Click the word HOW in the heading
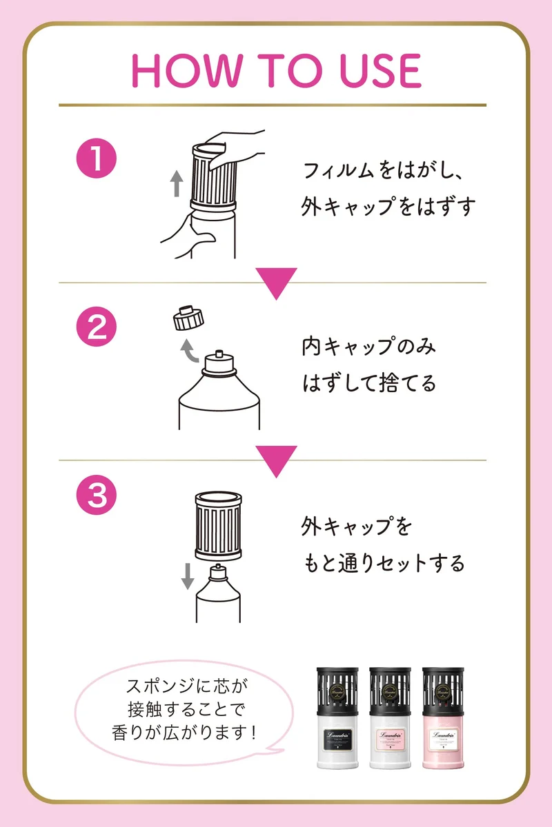[186, 70]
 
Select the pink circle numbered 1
[97, 159]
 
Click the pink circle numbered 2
[97, 327]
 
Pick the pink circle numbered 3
[97, 495]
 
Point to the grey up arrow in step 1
[177, 183]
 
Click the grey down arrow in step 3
[188, 576]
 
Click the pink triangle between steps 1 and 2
[276, 281]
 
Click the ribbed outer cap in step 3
[218, 525]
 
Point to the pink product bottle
[443, 717]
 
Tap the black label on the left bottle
[337, 738]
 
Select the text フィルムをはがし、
[383, 171]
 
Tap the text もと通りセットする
[384, 563]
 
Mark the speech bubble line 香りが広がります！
[184, 733]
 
